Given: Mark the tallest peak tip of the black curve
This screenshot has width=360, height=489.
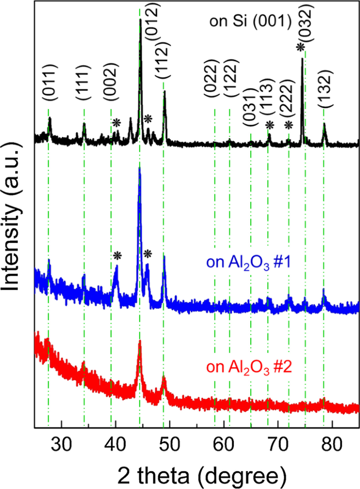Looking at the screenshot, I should tap(140, 19).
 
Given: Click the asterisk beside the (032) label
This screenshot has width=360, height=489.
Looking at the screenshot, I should tap(300, 48).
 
